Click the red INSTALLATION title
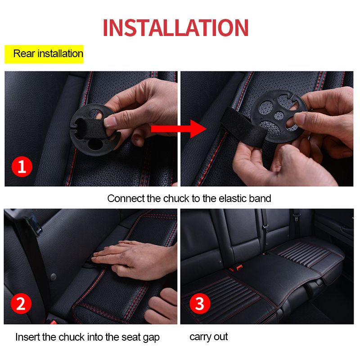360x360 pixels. (x=175, y=28)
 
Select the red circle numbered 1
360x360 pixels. (x=22, y=167)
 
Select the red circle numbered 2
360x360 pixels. (x=21, y=304)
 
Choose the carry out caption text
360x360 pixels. (x=208, y=337)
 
